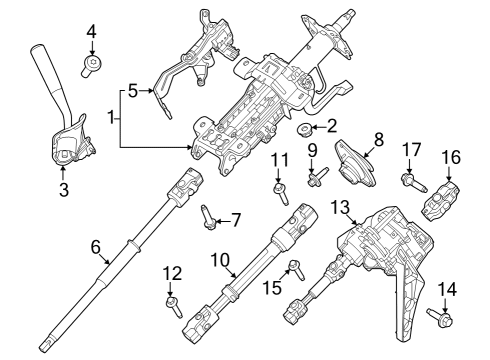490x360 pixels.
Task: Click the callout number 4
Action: click(91, 33)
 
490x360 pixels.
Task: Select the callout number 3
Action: click(64, 187)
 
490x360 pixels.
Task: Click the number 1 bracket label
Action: click(112, 118)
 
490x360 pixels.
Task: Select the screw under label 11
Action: click(279, 187)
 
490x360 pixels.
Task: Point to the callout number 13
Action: click(342, 206)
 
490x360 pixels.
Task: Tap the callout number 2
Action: click(332, 127)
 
